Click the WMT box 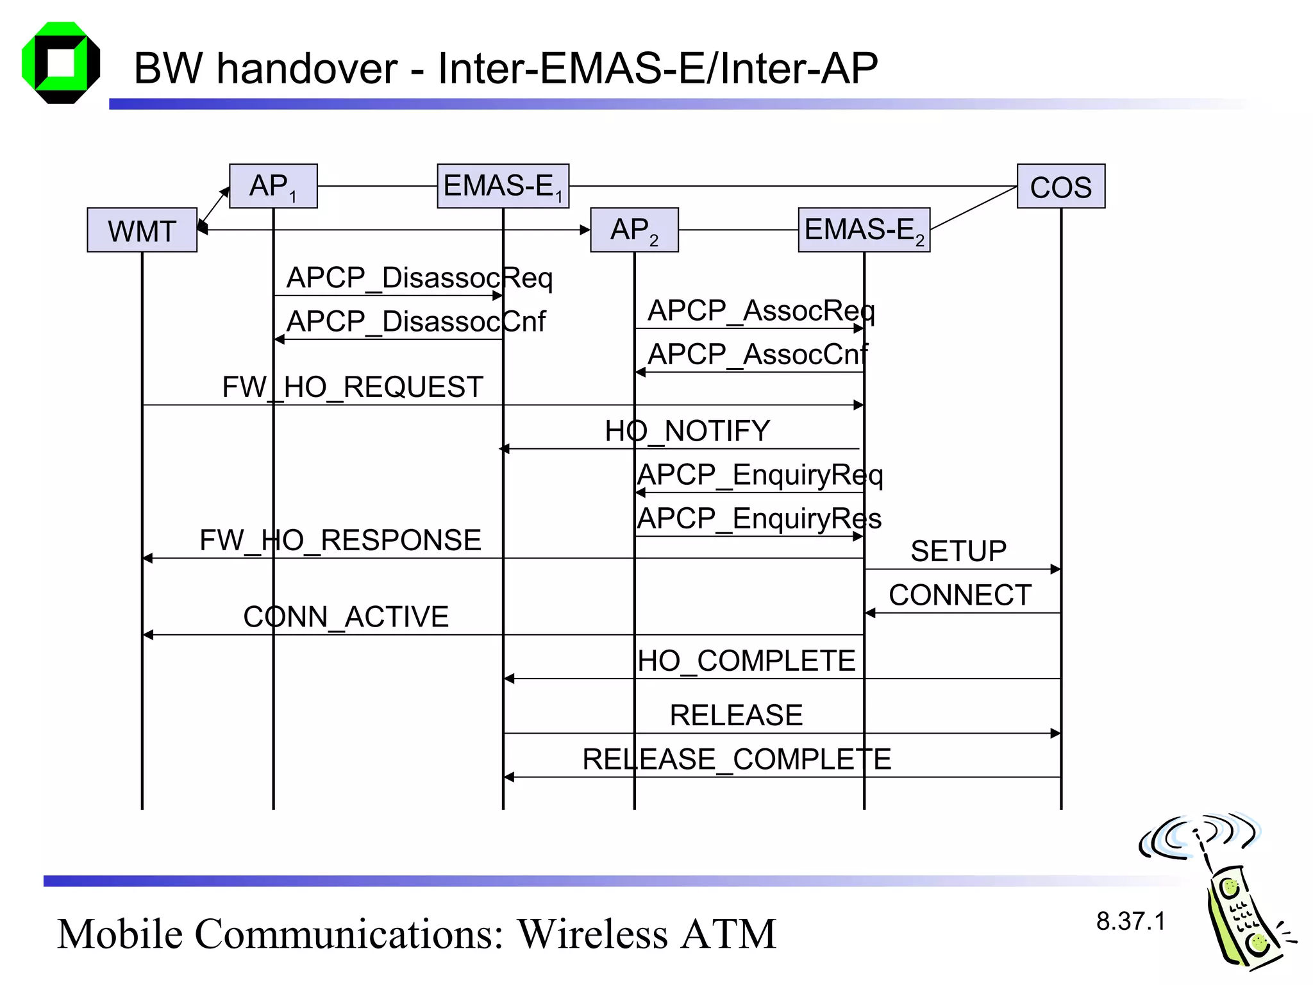(x=142, y=230)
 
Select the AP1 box (x=273, y=186)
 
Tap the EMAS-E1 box (x=503, y=186)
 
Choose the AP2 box (x=634, y=230)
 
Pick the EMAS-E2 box (x=864, y=230)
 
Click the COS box (x=1061, y=187)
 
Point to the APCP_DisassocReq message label (x=419, y=278)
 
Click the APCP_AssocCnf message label (x=758, y=355)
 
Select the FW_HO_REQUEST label (x=353, y=387)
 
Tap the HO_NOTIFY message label (x=687, y=431)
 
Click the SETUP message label (x=958, y=551)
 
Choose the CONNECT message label (x=960, y=595)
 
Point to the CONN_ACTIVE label (x=346, y=617)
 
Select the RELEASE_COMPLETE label (x=737, y=759)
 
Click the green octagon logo (x=61, y=63)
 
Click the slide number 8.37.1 (x=1130, y=922)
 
